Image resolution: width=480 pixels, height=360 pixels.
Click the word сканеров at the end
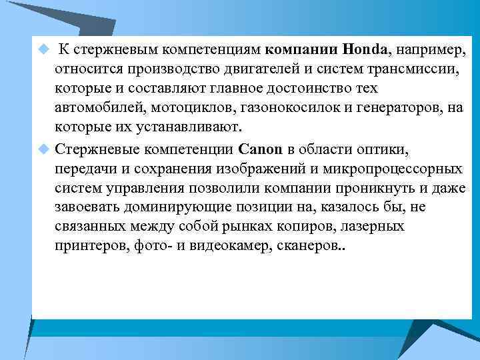coord(311,245)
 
